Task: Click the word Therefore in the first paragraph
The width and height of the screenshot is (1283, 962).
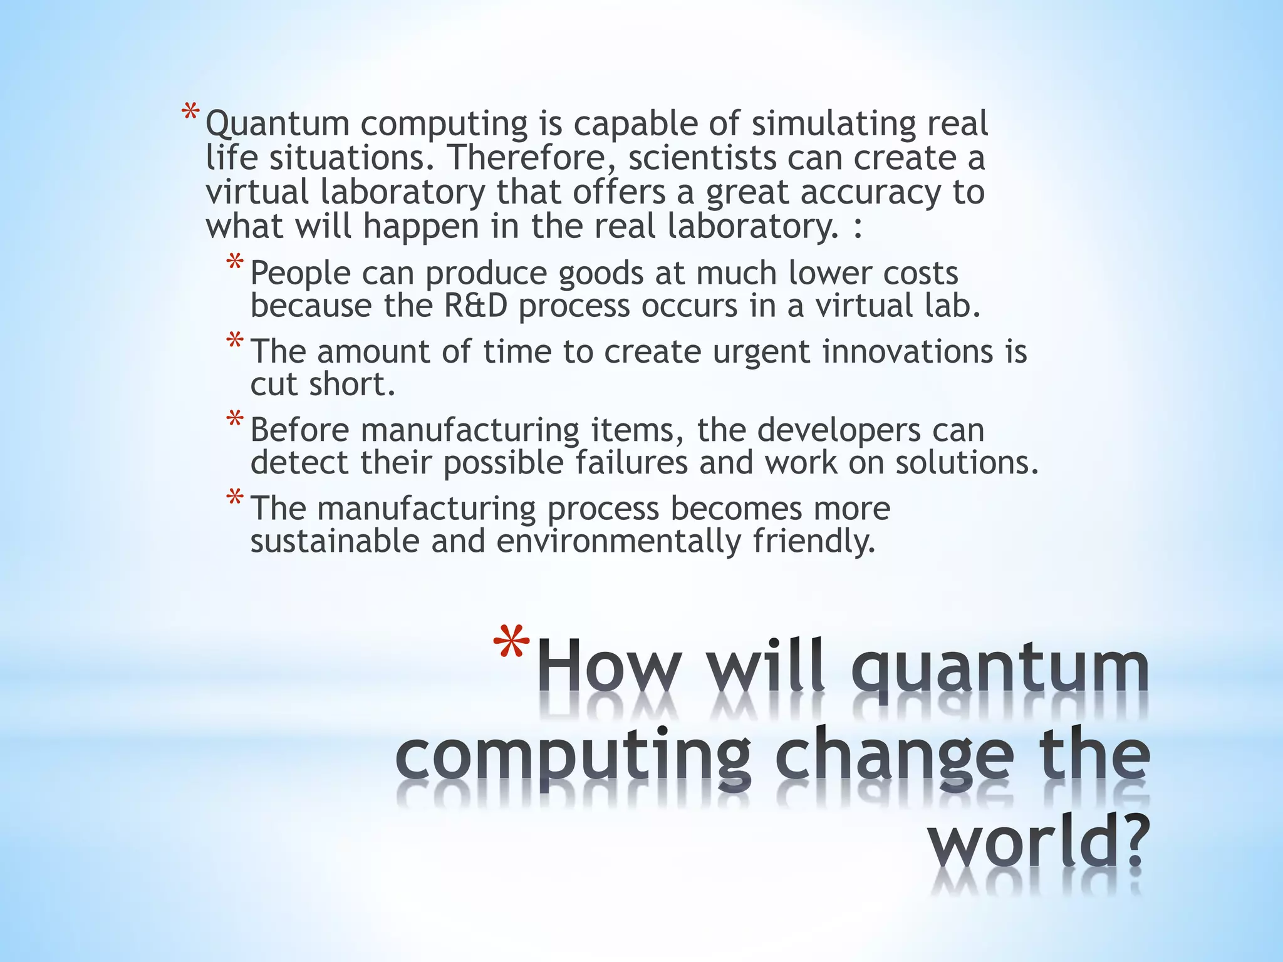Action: click(528, 158)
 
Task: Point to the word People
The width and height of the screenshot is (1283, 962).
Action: click(300, 273)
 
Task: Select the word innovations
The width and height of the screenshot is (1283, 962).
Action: click(907, 351)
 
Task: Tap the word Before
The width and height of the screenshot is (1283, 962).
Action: click(299, 430)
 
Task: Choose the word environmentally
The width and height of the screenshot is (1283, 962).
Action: click(619, 542)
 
